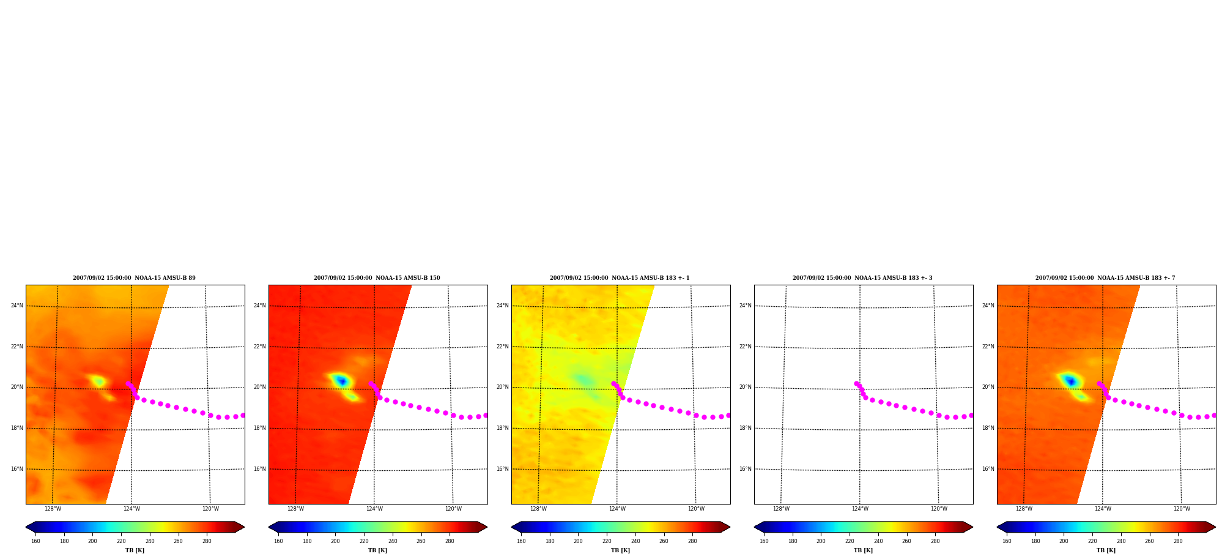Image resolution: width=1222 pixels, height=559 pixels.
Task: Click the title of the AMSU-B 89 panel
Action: tap(134, 278)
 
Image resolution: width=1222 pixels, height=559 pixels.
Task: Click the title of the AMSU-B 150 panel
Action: tap(377, 278)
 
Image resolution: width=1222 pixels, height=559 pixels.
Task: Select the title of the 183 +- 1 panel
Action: tap(620, 278)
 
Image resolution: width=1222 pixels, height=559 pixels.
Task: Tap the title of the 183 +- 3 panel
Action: tap(862, 278)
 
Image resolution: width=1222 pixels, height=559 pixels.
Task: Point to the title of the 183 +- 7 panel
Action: tap(1105, 278)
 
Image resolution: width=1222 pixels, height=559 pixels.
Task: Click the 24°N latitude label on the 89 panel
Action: tap(17, 306)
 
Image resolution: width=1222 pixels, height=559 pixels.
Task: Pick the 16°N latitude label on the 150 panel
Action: tap(259, 469)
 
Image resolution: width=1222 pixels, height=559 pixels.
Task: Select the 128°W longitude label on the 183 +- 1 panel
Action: tap(538, 509)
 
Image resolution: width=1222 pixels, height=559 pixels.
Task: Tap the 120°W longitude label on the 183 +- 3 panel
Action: tap(939, 509)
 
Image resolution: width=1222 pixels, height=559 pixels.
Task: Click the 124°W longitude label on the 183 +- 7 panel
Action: tap(1103, 509)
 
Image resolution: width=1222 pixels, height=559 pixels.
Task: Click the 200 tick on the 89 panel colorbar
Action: tap(92, 541)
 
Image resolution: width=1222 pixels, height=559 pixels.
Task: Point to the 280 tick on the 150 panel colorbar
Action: tap(450, 541)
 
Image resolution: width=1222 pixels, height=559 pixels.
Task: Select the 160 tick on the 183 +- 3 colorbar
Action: tap(764, 541)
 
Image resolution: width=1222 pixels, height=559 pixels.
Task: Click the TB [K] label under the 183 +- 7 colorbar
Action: tap(1106, 550)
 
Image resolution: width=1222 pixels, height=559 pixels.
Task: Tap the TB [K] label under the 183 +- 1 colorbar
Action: tap(620, 550)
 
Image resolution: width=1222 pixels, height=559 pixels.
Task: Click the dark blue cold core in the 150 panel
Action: tap(342, 381)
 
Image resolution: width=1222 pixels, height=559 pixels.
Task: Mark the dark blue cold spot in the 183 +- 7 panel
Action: tap(1070, 381)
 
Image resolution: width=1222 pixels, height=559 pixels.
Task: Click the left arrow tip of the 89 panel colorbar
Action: tap(26, 527)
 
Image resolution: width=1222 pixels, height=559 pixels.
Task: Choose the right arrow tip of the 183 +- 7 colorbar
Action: tap(1215, 527)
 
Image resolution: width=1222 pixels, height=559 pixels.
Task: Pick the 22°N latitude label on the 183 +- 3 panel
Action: tap(745, 347)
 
